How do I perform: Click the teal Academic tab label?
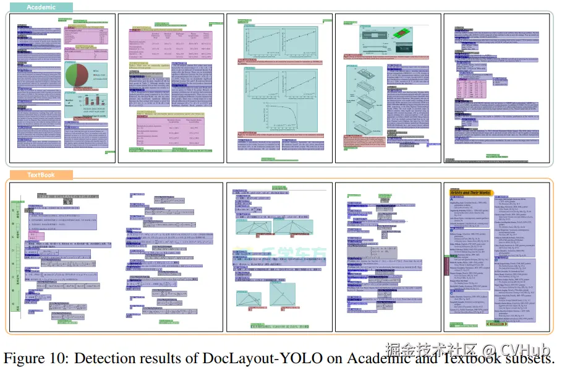click(x=41, y=7)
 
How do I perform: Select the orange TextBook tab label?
click(x=41, y=175)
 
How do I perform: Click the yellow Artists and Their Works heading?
click(x=470, y=193)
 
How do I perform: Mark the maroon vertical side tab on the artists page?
click(x=446, y=265)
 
